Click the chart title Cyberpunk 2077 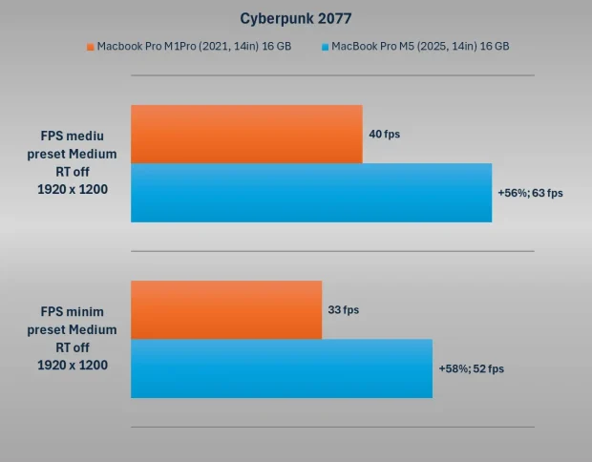tap(295, 18)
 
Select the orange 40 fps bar tap(246, 134)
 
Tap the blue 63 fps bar tap(311, 193)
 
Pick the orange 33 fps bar tap(226, 309)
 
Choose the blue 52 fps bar tap(282, 368)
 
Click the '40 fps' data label tap(385, 135)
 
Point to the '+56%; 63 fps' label tap(530, 193)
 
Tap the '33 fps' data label tap(344, 310)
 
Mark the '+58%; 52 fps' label tap(471, 368)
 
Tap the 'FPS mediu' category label tap(73, 136)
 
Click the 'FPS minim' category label tap(73, 311)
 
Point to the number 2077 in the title tap(330, 18)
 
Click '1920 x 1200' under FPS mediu tap(73, 189)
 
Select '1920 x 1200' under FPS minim tap(73, 365)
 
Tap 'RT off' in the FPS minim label tap(73, 347)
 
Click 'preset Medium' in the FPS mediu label tap(73, 154)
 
